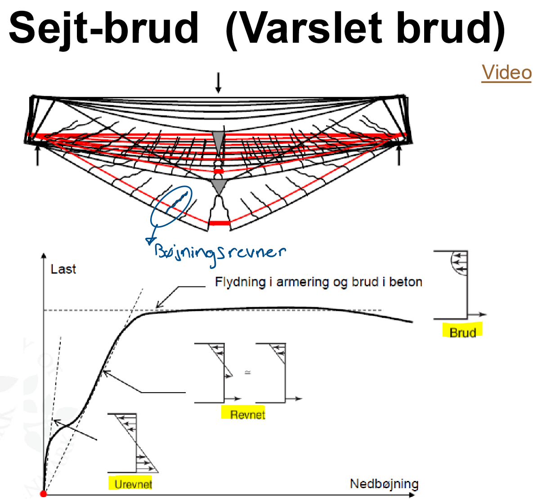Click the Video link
(x=506, y=73)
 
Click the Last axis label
(x=63, y=269)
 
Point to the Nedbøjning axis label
(x=384, y=484)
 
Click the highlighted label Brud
(x=462, y=332)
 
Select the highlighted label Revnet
(x=247, y=414)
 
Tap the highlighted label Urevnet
(x=133, y=484)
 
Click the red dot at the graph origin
(x=44, y=494)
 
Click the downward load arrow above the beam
(x=218, y=83)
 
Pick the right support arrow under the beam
(x=399, y=154)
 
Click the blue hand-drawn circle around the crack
(x=171, y=206)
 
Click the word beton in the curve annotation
(x=406, y=282)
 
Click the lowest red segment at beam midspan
(x=219, y=223)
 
